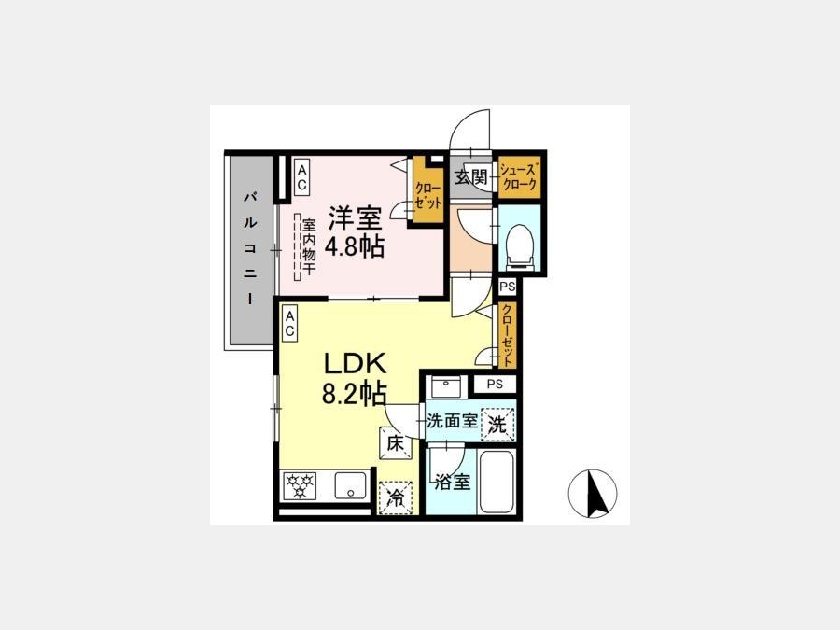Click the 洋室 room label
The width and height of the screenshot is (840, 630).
click(x=356, y=217)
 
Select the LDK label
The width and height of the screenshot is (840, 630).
click(x=354, y=364)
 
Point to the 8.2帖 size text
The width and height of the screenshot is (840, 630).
click(x=354, y=393)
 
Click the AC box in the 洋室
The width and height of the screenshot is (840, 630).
click(x=302, y=177)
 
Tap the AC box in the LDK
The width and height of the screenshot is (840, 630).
click(x=289, y=324)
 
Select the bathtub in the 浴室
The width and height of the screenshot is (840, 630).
click(x=497, y=483)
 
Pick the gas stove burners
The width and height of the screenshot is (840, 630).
click(x=299, y=484)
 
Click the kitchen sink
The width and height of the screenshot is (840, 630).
click(x=351, y=485)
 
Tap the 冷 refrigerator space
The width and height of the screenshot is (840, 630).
click(x=396, y=498)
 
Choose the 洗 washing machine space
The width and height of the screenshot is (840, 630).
click(x=497, y=425)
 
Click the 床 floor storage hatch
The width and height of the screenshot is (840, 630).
click(x=396, y=443)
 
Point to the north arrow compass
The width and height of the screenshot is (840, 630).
click(x=593, y=494)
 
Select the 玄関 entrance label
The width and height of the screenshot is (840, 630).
click(x=471, y=176)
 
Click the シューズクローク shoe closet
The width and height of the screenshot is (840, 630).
click(x=518, y=177)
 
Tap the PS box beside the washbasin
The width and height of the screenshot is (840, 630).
click(x=495, y=385)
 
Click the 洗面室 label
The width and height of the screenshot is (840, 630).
click(x=453, y=421)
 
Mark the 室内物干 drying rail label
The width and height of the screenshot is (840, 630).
click(x=309, y=246)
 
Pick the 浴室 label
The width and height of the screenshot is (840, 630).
click(x=453, y=483)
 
